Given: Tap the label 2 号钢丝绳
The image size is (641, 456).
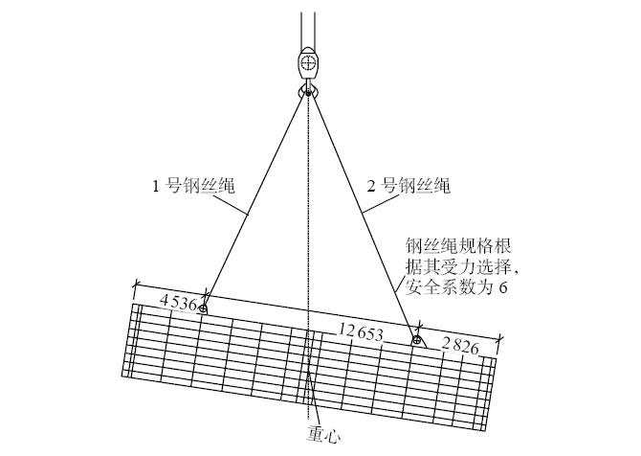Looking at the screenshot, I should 409,185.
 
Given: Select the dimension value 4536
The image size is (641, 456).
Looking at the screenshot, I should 178,303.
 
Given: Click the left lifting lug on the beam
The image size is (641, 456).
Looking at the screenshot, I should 203,307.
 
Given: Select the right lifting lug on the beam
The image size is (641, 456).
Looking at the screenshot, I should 417,339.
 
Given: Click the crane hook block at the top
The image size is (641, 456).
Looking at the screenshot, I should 307,64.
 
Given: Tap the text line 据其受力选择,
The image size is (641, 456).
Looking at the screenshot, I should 457,265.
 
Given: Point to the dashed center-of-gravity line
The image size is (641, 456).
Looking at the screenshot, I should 309,239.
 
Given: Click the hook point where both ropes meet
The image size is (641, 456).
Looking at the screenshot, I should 307,93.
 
